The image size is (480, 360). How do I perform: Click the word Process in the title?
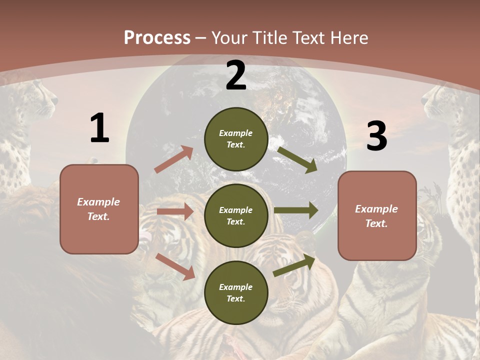157,37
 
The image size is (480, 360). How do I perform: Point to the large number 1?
99,128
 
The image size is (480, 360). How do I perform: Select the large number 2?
236,75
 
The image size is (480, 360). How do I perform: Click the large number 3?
376,136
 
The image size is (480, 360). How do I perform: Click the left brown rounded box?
99,209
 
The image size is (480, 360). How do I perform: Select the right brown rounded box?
377,216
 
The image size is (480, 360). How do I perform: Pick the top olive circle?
236,139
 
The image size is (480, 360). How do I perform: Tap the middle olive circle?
236,215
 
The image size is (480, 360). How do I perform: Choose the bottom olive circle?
236,292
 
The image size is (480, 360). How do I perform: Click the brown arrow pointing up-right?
174,159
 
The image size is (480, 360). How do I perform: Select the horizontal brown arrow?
175,211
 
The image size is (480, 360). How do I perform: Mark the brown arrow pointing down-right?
175,266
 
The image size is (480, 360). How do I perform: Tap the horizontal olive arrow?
296,210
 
